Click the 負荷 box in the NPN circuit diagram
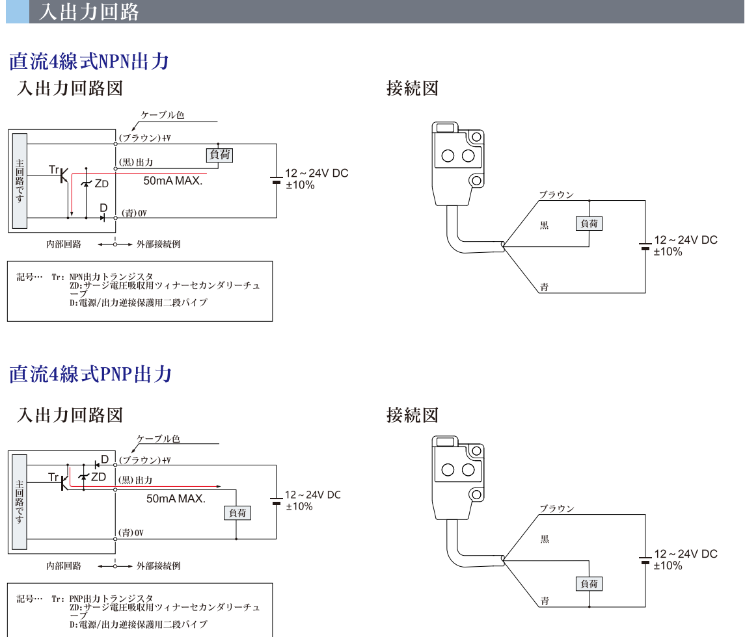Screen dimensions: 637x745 click(x=219, y=155)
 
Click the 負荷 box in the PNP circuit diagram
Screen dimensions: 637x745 click(x=237, y=513)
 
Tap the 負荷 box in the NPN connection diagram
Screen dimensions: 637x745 click(x=589, y=224)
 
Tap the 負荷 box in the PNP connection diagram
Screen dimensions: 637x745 click(x=589, y=583)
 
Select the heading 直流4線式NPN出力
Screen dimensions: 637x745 click(x=89, y=62)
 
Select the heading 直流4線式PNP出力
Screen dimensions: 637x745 click(x=90, y=374)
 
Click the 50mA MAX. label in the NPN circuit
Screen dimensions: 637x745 click(x=173, y=181)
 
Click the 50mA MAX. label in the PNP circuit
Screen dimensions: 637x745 click(x=176, y=499)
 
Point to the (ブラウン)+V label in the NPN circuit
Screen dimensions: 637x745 click(x=144, y=138)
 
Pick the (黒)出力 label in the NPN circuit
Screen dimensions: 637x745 click(x=136, y=162)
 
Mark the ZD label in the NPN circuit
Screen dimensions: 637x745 click(x=102, y=184)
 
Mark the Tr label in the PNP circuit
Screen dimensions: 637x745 click(x=54, y=477)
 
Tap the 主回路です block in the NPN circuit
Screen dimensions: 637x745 click(x=20, y=181)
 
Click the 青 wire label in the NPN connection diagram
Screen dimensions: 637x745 click(x=545, y=287)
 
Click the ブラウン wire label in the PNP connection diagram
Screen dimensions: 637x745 click(x=557, y=508)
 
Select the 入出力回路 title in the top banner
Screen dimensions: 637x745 click(x=89, y=12)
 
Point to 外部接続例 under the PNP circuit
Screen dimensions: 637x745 click(x=158, y=565)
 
